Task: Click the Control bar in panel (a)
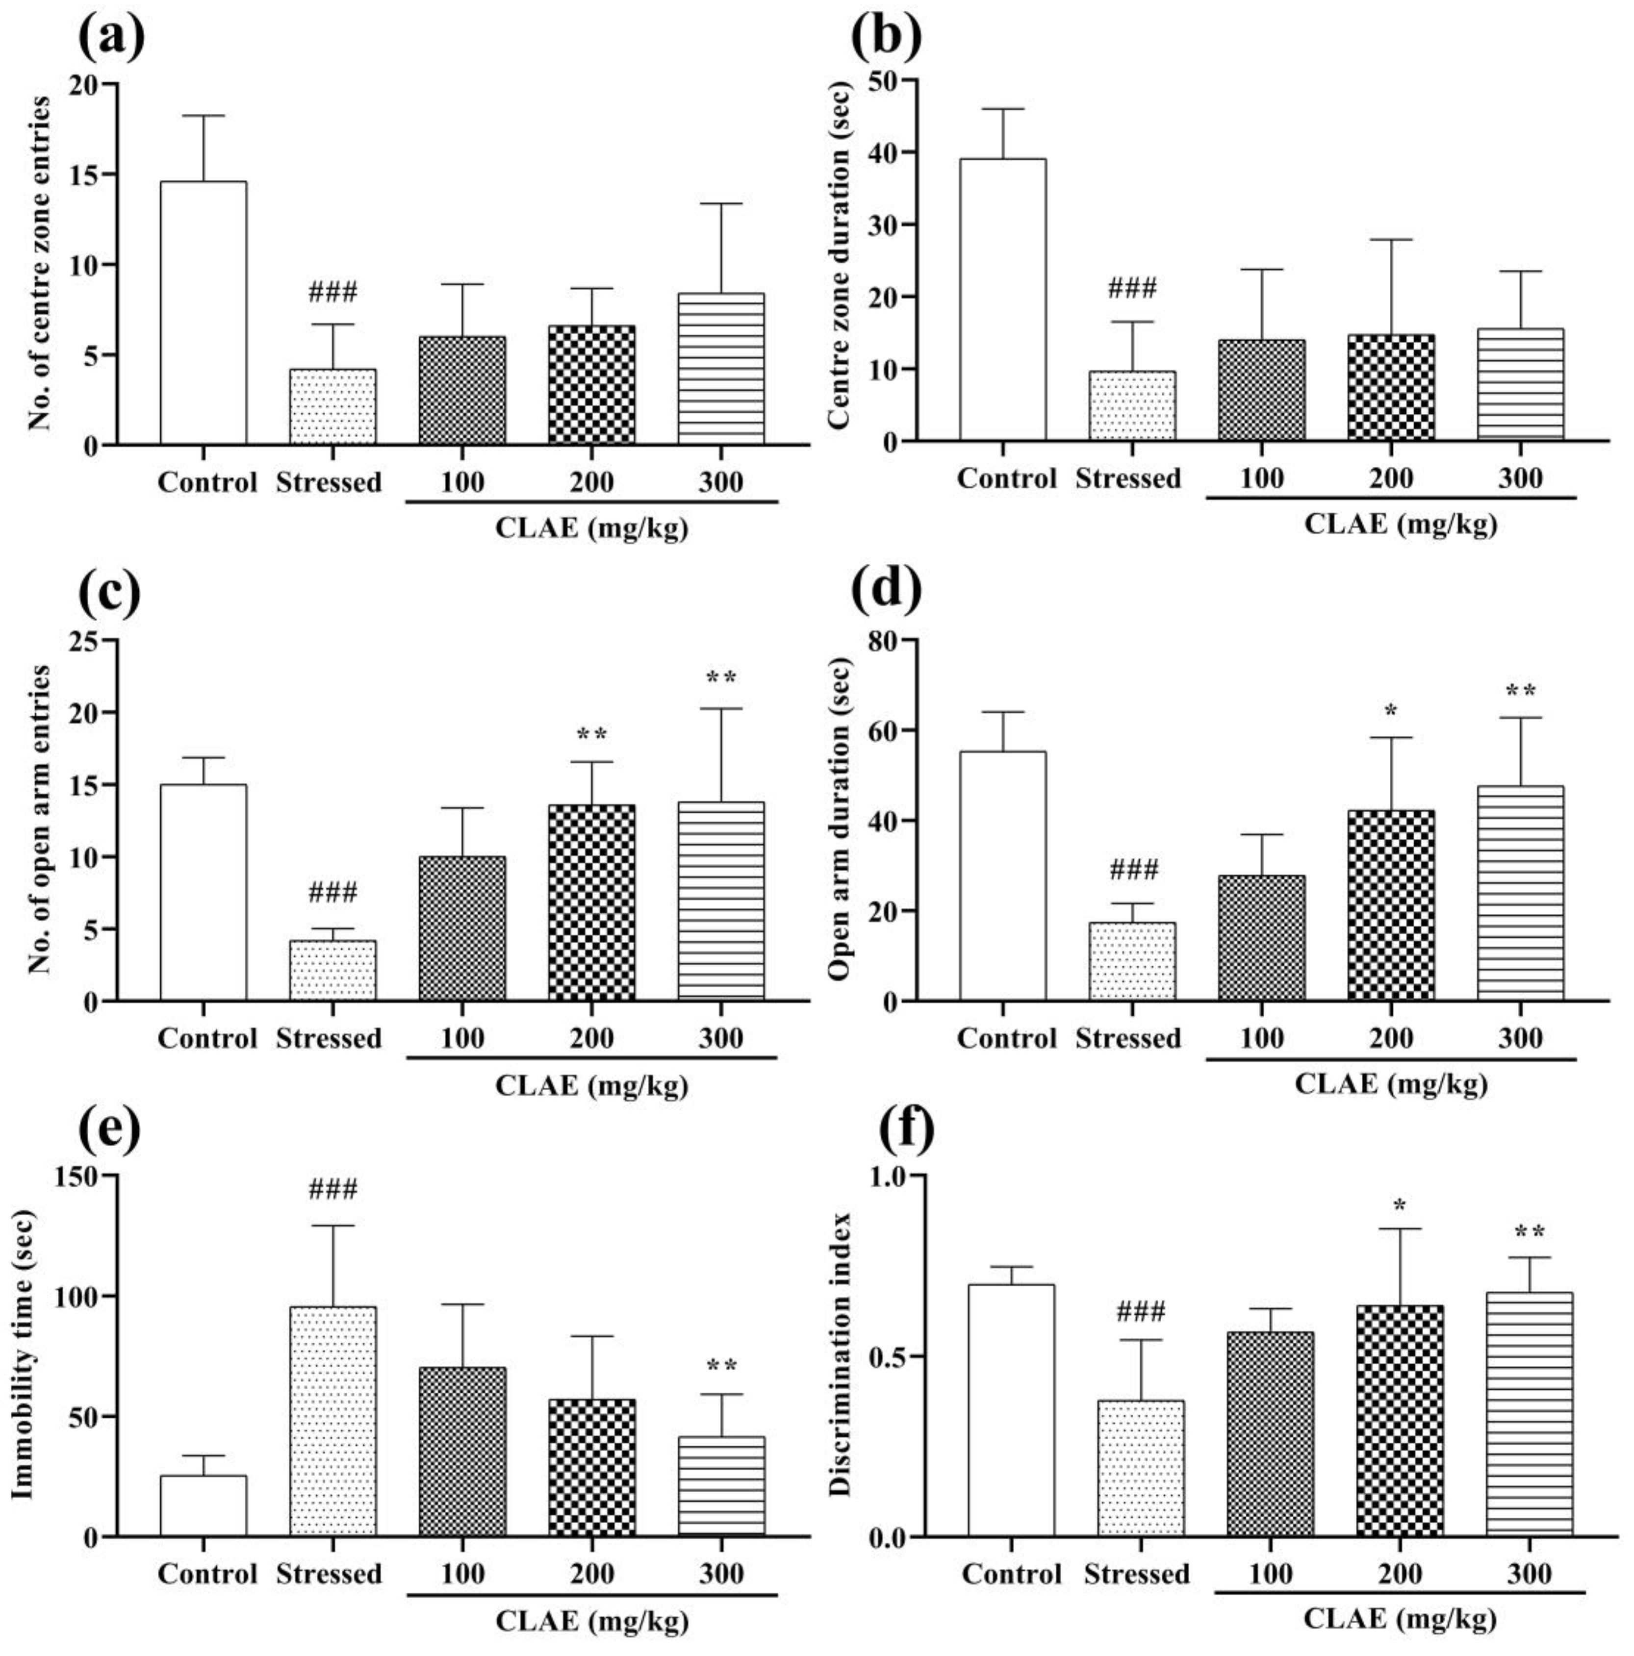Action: [203, 313]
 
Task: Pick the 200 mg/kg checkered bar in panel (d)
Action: [1391, 905]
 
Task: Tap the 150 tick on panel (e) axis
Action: [76, 1175]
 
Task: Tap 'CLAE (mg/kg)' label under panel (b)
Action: [1400, 523]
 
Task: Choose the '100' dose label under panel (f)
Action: [1271, 1574]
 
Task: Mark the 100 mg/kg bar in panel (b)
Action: [1261, 390]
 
